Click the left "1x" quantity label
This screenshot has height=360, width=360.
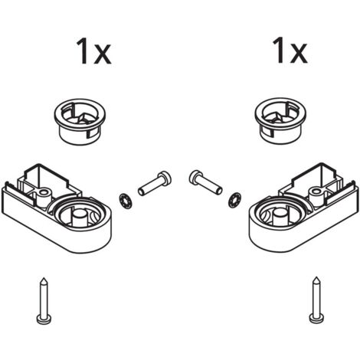(x=93, y=51)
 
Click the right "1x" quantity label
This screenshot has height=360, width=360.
(x=290, y=51)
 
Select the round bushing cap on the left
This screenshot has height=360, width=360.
(x=80, y=122)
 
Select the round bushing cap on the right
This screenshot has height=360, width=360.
(x=280, y=121)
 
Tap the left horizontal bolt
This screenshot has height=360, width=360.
(x=155, y=184)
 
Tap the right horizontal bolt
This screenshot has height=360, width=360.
(x=206, y=182)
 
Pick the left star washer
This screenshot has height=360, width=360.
(x=125, y=200)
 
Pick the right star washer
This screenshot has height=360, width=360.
(x=234, y=199)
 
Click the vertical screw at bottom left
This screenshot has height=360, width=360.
(x=44, y=301)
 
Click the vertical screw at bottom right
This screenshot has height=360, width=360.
(x=316, y=299)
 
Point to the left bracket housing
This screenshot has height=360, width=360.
(x=56, y=208)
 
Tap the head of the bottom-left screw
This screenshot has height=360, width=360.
(x=44, y=319)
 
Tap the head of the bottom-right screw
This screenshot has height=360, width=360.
(x=316, y=319)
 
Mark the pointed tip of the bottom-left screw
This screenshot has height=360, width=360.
(x=44, y=278)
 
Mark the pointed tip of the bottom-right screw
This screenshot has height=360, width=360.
(x=316, y=277)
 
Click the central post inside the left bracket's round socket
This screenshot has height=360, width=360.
(x=80, y=218)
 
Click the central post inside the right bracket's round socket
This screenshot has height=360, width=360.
(x=280, y=218)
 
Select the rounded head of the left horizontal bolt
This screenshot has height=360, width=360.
(x=165, y=178)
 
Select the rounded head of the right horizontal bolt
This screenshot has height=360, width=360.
(x=196, y=176)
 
